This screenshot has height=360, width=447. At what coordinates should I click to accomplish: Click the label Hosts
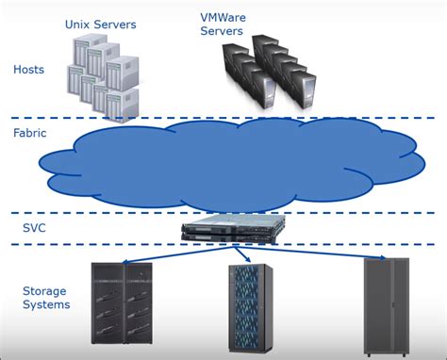tap(28, 69)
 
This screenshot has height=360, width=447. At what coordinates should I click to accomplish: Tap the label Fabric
tap(30, 133)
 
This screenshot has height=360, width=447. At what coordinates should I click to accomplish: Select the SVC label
tap(33, 228)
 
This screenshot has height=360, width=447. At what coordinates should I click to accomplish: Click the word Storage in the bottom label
tap(45, 290)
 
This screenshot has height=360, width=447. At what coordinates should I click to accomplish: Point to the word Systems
tap(46, 304)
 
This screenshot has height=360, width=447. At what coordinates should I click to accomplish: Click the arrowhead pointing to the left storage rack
tap(125, 260)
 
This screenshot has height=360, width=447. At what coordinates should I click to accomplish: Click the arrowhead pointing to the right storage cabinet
tap(382, 257)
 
